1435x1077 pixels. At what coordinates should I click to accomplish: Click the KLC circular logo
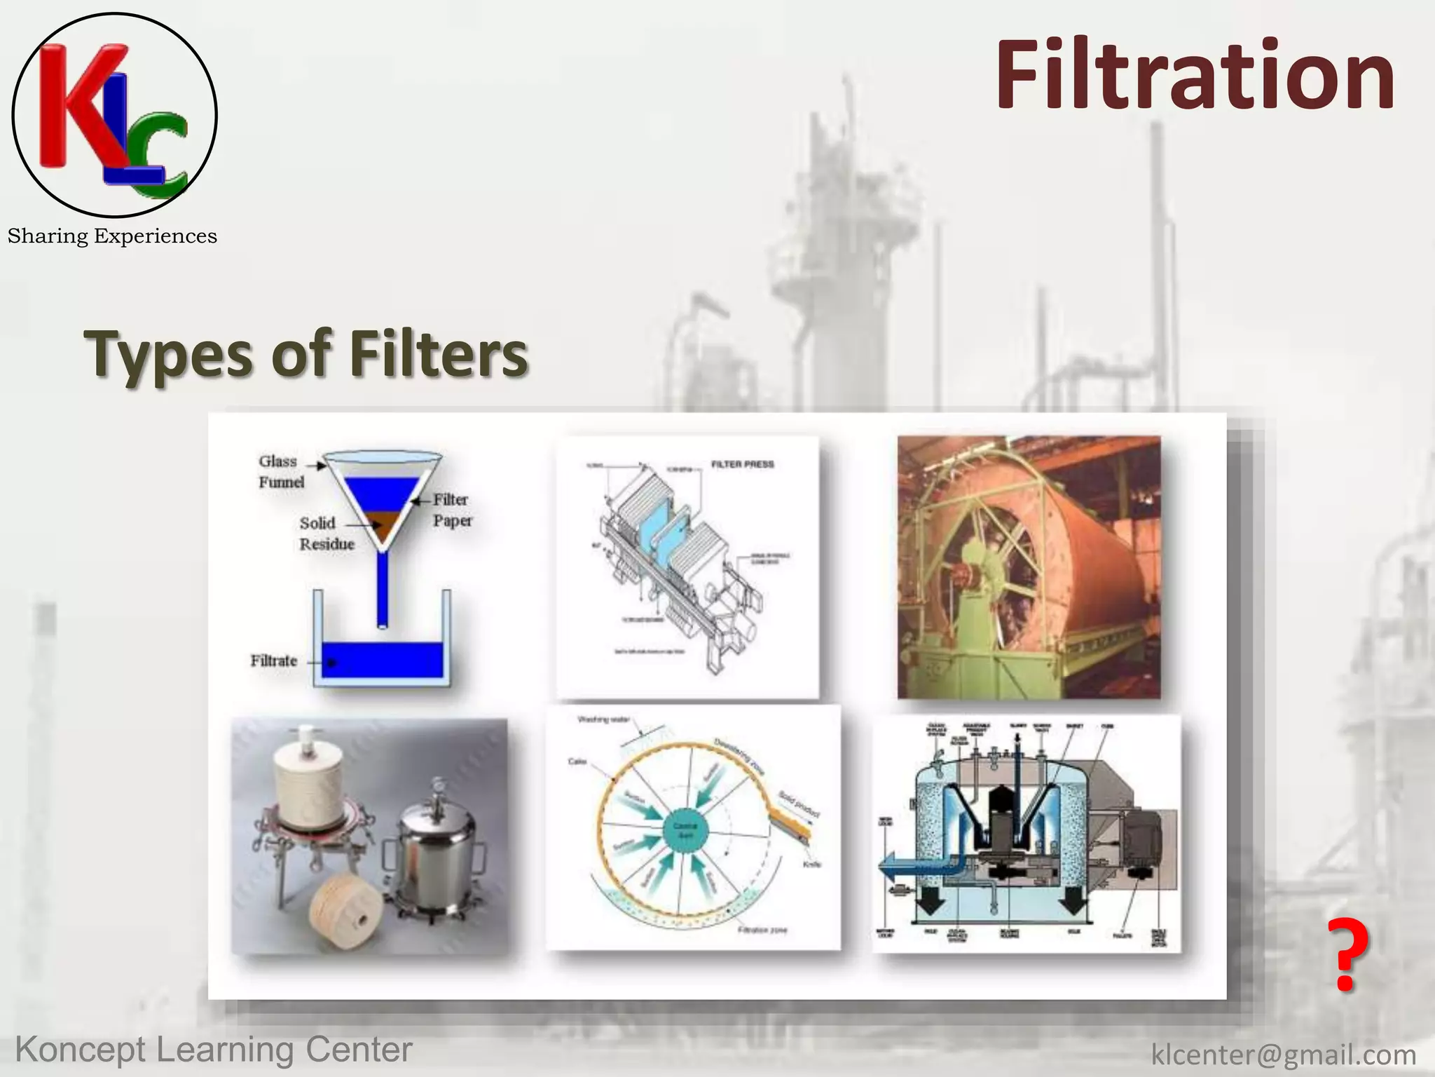click(x=114, y=114)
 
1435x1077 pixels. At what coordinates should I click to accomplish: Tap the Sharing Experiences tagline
click(x=112, y=236)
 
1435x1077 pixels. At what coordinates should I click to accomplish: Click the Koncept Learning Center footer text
click(x=214, y=1050)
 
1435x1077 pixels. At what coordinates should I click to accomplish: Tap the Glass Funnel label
click(x=281, y=471)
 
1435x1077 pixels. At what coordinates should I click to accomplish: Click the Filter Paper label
click(x=452, y=510)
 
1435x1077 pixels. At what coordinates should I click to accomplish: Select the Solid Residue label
click(x=326, y=534)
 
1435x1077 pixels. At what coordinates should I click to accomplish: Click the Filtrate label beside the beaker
click(x=274, y=661)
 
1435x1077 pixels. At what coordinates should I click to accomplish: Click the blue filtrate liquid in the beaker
click(x=383, y=660)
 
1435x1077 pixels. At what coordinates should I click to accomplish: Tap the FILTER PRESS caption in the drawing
click(x=742, y=464)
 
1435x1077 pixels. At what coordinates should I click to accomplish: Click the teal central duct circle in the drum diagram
click(x=685, y=831)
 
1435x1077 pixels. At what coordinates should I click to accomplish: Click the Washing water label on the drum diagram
click(x=603, y=719)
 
